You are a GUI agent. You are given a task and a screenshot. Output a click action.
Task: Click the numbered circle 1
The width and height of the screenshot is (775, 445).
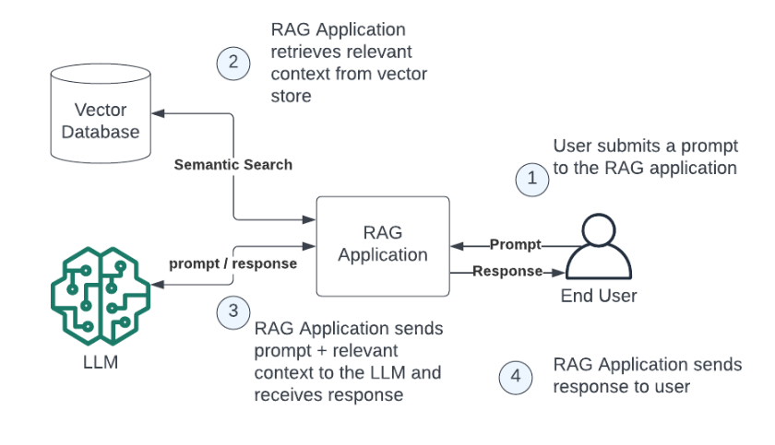click(x=531, y=180)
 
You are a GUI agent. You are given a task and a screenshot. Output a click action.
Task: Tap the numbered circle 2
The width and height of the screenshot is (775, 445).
click(x=233, y=64)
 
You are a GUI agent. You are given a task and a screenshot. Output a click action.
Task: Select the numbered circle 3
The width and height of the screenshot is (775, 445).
click(x=233, y=312)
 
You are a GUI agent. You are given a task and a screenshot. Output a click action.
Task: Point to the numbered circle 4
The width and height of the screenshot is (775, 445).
click(x=516, y=378)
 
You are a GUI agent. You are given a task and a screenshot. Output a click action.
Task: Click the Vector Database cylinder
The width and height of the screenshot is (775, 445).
click(x=101, y=113)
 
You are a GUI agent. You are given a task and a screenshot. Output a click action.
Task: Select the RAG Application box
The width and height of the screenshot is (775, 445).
click(x=383, y=246)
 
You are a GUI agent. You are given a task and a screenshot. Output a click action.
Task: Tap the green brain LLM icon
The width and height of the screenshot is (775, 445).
click(x=101, y=296)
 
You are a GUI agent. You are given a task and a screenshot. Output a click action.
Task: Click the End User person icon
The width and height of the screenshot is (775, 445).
click(x=599, y=246)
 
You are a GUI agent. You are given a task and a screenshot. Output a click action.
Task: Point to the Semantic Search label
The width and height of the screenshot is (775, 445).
click(x=233, y=165)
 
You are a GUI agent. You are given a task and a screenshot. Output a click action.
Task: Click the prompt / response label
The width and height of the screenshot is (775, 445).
click(x=233, y=263)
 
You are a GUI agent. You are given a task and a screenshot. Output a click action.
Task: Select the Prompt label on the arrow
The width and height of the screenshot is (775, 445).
click(x=516, y=245)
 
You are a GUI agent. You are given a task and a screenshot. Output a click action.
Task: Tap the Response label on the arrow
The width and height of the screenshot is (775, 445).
click(x=507, y=271)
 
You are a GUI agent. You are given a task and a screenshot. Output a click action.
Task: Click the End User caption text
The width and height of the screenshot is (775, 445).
click(x=599, y=296)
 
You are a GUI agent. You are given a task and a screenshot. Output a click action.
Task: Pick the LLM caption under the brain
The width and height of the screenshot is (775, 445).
click(x=101, y=362)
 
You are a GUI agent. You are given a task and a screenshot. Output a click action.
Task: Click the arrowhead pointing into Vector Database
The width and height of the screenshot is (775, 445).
click(x=158, y=113)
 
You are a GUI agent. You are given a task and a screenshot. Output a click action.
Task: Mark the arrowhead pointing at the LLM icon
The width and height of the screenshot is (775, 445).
click(x=158, y=284)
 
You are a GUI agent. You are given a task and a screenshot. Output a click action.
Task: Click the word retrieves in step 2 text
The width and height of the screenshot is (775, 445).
click(x=301, y=52)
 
